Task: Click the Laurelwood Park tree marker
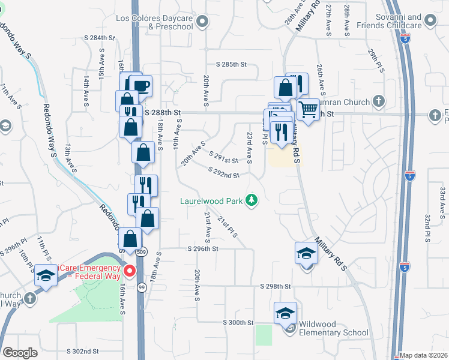(253, 200)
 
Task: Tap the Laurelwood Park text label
(212, 201)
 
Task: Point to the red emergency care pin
(128, 272)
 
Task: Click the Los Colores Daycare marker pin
(202, 22)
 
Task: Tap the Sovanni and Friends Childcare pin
(430, 20)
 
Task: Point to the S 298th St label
(276, 287)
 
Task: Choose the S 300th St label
(239, 323)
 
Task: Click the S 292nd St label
(224, 172)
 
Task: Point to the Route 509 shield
(140, 251)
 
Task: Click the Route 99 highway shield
(140, 289)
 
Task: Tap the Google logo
(20, 353)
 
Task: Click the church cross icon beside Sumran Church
(378, 101)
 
